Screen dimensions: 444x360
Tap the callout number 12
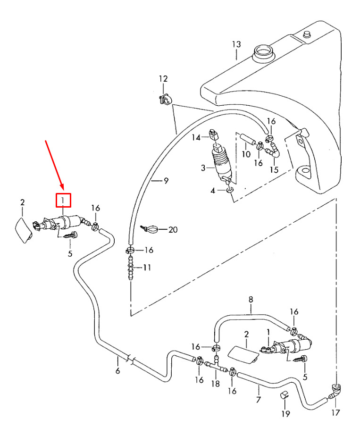[163, 78]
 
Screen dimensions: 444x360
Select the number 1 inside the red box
[63, 201]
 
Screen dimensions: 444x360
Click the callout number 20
[173, 230]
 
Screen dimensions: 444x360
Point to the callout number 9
[166, 180]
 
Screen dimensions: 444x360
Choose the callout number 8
[251, 299]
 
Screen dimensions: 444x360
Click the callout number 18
[216, 385]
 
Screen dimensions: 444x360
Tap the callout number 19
[285, 414]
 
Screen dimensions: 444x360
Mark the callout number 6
[117, 371]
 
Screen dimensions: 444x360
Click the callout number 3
[203, 168]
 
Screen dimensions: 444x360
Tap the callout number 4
[213, 191]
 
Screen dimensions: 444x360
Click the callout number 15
[274, 169]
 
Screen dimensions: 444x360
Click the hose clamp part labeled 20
[151, 229]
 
